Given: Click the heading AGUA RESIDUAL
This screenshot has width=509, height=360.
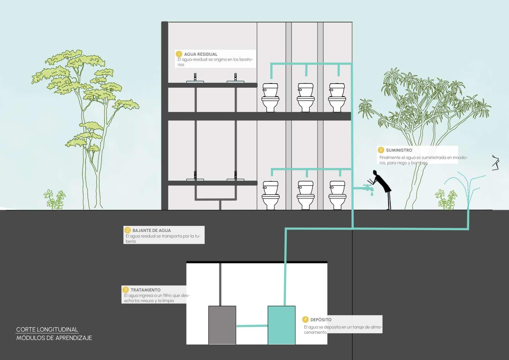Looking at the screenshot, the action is tap(201, 54).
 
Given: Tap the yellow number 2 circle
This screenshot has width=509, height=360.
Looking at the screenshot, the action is tap(127, 230).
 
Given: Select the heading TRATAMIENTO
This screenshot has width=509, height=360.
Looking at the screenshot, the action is tap(145, 290).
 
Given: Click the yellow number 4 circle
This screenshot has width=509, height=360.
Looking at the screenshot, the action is tap(305, 319).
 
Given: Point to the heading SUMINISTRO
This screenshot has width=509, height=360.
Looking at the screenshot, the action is tap(399, 150).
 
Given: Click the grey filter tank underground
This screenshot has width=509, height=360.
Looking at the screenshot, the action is tap(222, 325).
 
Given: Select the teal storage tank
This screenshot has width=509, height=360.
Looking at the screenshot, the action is tap(281, 325).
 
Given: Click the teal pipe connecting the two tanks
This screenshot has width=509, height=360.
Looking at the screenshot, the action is tap(252, 326).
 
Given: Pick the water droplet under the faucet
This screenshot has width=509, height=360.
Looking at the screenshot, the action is tap(372, 193).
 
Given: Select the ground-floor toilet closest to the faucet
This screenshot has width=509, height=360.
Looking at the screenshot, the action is tap(337, 195).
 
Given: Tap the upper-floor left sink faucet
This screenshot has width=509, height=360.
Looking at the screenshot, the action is tap(195, 77).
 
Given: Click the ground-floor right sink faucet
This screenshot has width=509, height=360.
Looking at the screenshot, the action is tap(235, 175).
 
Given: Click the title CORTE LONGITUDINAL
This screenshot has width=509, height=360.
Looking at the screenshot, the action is tap(47, 330).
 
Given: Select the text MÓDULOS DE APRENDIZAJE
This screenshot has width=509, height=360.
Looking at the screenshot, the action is tap(54, 338).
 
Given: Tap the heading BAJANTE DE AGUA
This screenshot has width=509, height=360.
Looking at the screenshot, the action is tap(151, 231).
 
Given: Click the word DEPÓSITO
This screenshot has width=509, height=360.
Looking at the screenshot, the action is tap(321, 320).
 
